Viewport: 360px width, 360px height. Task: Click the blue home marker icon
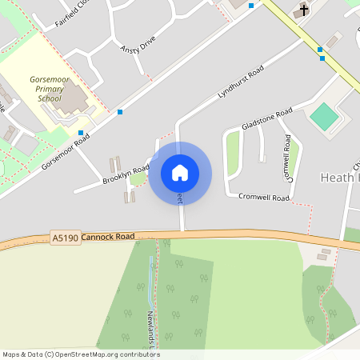tap(180, 173)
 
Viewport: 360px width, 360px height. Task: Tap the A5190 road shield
tap(65, 238)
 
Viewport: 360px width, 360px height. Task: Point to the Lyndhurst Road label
tap(241, 84)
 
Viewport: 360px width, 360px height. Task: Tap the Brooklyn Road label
tap(126, 175)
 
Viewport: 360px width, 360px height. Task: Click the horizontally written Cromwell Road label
tap(264, 197)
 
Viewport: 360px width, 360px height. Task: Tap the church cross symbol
tap(302, 10)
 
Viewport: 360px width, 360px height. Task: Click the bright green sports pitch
tap(325, 116)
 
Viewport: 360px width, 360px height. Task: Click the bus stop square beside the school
tap(81, 133)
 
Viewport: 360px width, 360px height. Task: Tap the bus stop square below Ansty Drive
tap(120, 112)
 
